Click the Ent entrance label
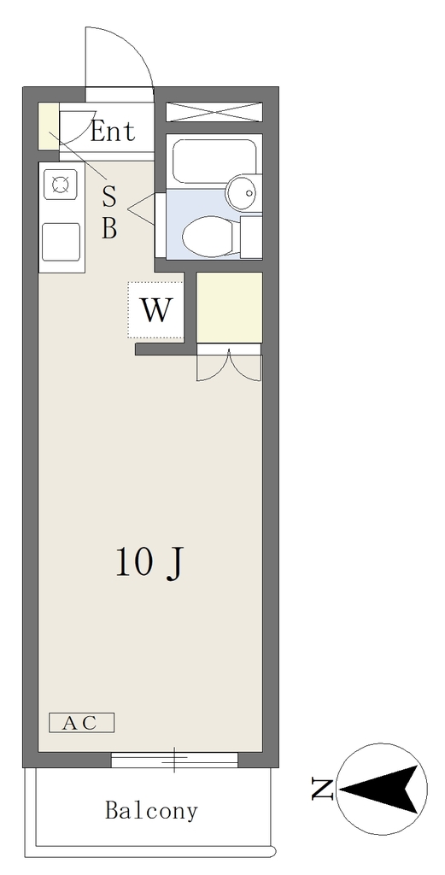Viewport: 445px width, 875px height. pyautogui.click(x=112, y=131)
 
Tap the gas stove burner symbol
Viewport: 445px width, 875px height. pyautogui.click(x=61, y=185)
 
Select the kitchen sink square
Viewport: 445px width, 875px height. pyautogui.click(x=61, y=241)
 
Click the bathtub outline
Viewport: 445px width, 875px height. pyautogui.click(x=214, y=161)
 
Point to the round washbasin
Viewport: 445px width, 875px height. pyautogui.click(x=243, y=192)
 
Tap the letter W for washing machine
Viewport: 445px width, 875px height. pyautogui.click(x=155, y=310)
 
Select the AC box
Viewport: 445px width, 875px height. pyautogui.click(x=81, y=723)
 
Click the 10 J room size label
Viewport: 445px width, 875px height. pyautogui.click(x=149, y=561)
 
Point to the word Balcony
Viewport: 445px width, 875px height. pyautogui.click(x=151, y=810)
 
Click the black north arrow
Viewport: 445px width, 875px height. pyautogui.click(x=380, y=789)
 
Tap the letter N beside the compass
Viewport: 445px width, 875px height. pyautogui.click(x=322, y=789)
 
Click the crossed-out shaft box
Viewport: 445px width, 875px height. pyautogui.click(x=214, y=112)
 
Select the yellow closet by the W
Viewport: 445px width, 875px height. pyautogui.click(x=229, y=307)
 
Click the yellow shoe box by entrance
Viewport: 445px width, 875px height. pyautogui.click(x=48, y=126)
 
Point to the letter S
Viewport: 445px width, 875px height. pyautogui.click(x=109, y=197)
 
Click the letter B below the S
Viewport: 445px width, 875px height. pyautogui.click(x=109, y=228)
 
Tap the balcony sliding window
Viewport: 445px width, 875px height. pyautogui.click(x=174, y=760)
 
